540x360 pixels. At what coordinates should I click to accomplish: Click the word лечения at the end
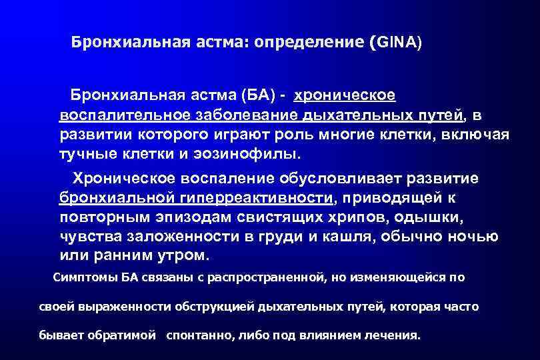[392, 335]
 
